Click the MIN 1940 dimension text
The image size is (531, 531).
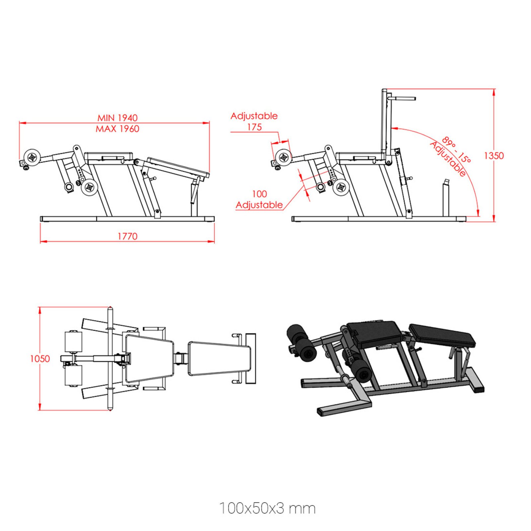pyautogui.click(x=117, y=118)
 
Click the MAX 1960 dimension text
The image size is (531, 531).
pyautogui.click(x=117, y=129)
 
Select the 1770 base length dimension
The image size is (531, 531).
pyautogui.click(x=127, y=236)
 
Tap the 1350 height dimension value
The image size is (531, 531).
pyautogui.click(x=493, y=156)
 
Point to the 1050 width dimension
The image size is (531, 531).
pyautogui.click(x=40, y=359)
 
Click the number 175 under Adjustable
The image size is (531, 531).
pyautogui.click(x=254, y=127)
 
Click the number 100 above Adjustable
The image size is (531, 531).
pyautogui.click(x=259, y=194)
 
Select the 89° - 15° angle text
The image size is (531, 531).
pyautogui.click(x=457, y=150)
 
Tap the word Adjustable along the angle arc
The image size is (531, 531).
pyautogui.click(x=448, y=159)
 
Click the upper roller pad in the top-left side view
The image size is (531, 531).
pyautogui.click(x=33, y=156)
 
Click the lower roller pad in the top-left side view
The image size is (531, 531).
pyautogui.click(x=89, y=188)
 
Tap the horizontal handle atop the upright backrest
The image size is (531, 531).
pyautogui.click(x=403, y=98)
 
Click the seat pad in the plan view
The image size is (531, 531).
pyautogui.click(x=149, y=358)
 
